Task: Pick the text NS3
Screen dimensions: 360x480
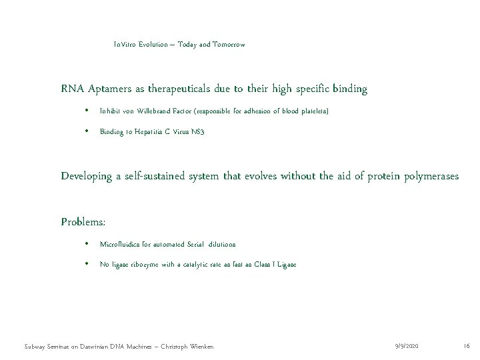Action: tap(197, 132)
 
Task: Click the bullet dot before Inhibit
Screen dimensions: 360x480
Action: tap(87, 110)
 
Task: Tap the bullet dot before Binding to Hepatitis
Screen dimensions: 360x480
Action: tap(87, 132)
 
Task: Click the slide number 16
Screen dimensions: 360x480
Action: tap(466, 346)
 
